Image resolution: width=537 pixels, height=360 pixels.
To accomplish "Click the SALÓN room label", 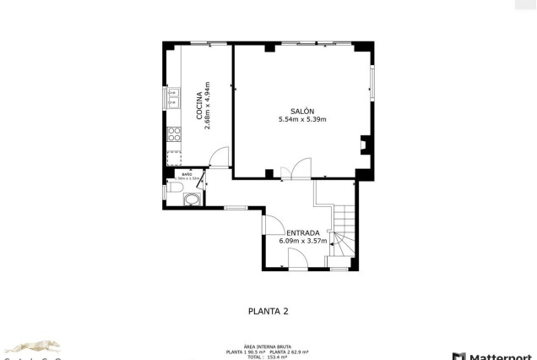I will (x=301, y=112).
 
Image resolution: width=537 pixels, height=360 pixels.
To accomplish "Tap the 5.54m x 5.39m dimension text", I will (x=301, y=120).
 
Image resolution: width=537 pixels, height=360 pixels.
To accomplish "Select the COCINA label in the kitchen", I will (x=199, y=106).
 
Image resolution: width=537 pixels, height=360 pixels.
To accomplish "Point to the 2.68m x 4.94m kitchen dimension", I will (x=208, y=105).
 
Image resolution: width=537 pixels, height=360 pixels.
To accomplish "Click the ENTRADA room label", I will (x=302, y=232).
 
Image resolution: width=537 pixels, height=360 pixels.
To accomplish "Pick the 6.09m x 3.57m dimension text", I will (x=302, y=241).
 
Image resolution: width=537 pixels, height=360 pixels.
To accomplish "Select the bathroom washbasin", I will (x=193, y=199).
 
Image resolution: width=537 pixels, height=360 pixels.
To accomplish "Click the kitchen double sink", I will (x=174, y=99).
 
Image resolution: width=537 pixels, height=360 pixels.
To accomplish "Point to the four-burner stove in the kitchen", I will (x=174, y=134).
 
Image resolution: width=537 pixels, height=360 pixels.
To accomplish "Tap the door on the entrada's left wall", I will (x=273, y=225).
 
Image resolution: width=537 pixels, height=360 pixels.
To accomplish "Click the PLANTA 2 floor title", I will (x=268, y=311).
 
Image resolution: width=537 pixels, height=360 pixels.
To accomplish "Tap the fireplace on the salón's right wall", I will (x=363, y=145).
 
